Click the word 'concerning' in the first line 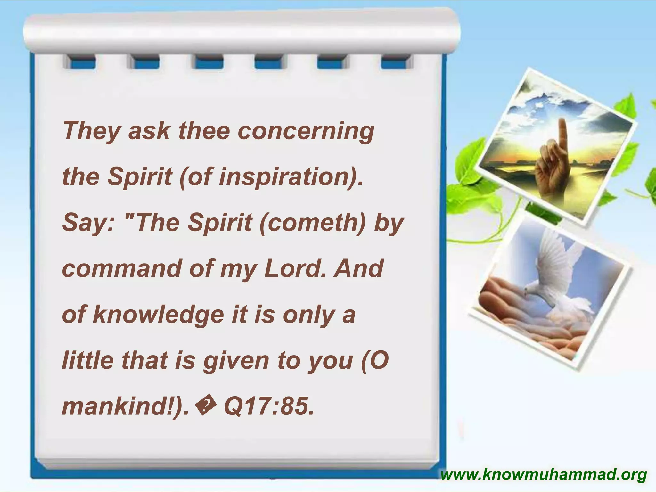point(306,131)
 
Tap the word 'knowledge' point(158,315)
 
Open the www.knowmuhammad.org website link point(544,475)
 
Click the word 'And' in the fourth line point(358,268)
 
